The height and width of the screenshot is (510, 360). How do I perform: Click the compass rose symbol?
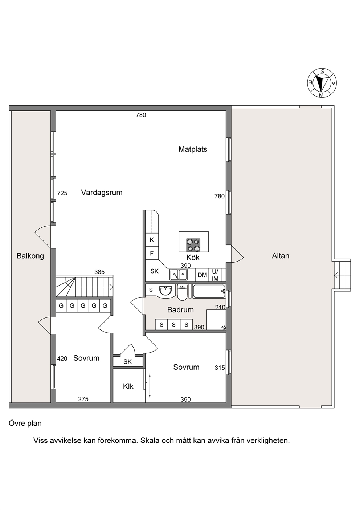tap(322, 83)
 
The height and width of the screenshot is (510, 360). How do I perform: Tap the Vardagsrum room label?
tap(102, 193)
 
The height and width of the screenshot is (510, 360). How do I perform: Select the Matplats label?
tap(193, 149)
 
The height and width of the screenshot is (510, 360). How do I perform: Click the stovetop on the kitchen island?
tap(193, 245)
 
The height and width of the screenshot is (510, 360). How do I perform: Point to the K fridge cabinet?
tap(152, 240)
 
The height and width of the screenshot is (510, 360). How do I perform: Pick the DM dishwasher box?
tap(202, 275)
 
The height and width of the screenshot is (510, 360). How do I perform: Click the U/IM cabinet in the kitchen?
tap(215, 275)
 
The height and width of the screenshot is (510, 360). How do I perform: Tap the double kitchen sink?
tap(179, 275)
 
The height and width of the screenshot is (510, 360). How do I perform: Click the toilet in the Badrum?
tap(182, 292)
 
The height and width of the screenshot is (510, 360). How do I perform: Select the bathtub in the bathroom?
tap(209, 291)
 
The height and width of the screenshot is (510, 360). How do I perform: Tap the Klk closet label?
tap(128, 386)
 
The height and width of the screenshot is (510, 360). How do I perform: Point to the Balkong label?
tap(30, 256)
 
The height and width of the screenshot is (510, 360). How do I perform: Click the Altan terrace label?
tap(281, 256)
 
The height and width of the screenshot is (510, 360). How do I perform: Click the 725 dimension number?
tap(62, 193)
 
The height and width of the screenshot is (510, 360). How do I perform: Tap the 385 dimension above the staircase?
tap(99, 272)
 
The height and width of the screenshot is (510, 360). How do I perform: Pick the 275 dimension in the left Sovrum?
tap(83, 399)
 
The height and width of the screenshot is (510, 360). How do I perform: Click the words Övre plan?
tap(25, 424)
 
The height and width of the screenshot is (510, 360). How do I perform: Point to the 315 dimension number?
tap(220, 368)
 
